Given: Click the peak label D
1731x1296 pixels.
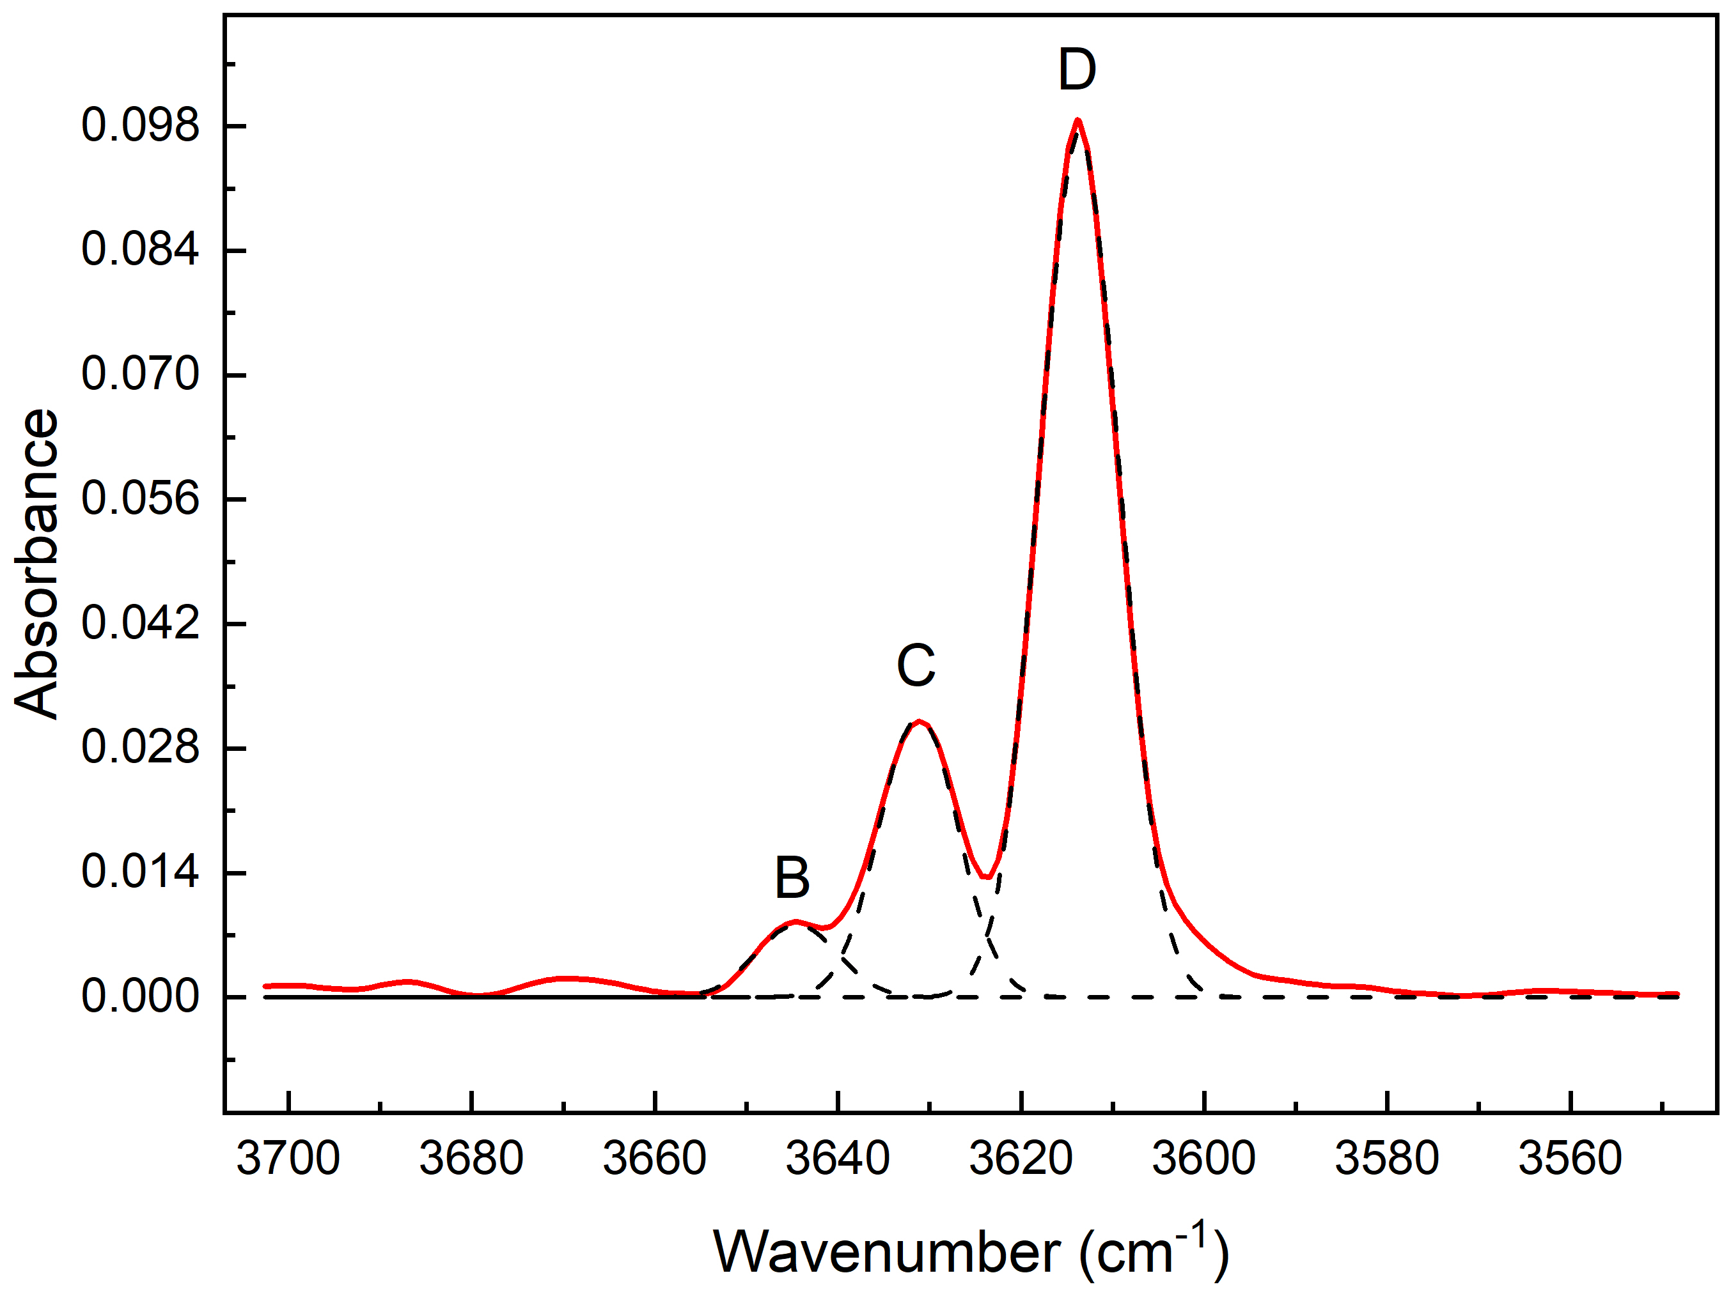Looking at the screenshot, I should coord(1077,70).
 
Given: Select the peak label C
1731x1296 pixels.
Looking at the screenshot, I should coord(916,666).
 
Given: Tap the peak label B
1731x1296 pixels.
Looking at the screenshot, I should coord(792,877).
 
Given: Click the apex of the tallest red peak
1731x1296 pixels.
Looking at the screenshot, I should coord(1077,120).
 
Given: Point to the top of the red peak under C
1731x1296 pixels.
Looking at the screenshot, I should coord(920,721).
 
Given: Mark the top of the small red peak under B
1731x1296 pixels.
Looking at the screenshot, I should coord(795,922).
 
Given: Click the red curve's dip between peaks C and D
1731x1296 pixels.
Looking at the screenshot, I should coord(989,877).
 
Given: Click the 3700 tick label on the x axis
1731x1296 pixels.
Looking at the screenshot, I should coord(288,1159).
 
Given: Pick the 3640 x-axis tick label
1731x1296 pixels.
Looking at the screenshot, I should coord(837,1159).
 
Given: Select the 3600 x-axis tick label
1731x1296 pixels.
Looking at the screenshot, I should coord(1203,1159).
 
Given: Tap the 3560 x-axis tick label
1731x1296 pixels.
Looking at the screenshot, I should coord(1570,1159).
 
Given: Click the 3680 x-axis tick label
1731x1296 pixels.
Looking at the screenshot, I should coord(471,1159).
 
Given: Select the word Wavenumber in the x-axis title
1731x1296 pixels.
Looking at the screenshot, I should coord(888,1252).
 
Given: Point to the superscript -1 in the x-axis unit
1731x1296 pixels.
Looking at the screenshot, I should coord(1193,1233).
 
